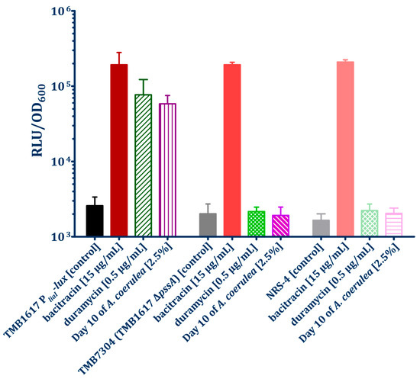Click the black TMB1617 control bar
95,220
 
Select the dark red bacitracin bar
119,150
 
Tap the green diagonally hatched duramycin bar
144,165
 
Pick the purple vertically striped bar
167,170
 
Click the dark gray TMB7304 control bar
208,225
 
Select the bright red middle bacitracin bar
232,150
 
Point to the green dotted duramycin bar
257,223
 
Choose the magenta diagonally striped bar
281,226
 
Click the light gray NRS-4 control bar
321,228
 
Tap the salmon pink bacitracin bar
345,149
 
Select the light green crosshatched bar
370,223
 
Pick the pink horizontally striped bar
394,224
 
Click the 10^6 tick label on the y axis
60,11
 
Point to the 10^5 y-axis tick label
60,86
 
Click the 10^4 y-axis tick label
60,162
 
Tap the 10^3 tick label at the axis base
60,236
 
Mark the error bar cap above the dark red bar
119,53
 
